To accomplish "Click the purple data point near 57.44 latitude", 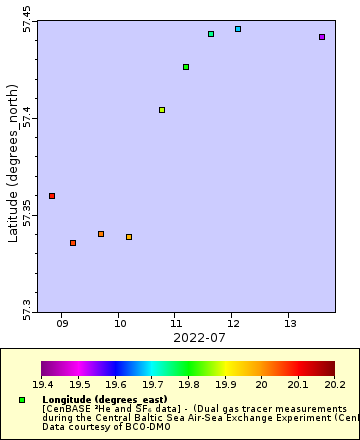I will tap(322, 37).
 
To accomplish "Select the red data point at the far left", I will tap(52, 196).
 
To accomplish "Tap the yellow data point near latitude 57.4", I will tap(162, 110).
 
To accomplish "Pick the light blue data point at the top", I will tap(238, 29).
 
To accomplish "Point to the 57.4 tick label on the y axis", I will tap(27, 119).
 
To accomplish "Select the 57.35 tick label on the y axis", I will tap(27, 215).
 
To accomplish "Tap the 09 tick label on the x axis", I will tap(62, 323).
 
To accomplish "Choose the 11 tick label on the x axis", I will tap(176, 323).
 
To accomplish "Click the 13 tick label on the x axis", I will tap(290, 323).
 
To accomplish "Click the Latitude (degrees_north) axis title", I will tap(13, 165).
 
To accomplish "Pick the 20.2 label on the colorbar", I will tap(334, 384).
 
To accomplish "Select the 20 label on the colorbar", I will tap(261, 384).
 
